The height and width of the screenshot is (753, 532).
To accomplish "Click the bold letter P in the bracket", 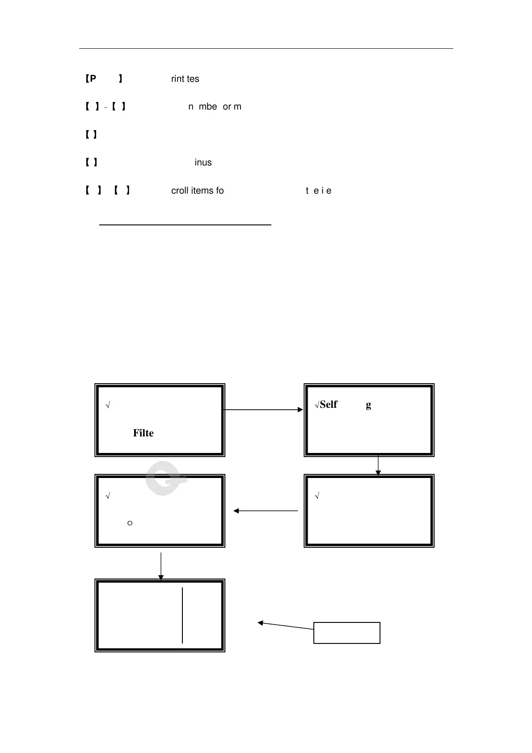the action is point(93,79).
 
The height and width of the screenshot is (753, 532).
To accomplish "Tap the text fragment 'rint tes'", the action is point(185,79).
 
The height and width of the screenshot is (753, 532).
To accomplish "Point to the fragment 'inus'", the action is point(203,163).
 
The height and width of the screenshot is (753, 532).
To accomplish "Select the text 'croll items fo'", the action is point(197,191).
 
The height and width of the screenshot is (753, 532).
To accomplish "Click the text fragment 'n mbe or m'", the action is point(215,107).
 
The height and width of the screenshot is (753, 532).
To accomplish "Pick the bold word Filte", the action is point(143,433).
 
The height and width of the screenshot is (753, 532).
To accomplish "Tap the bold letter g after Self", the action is point(368,406).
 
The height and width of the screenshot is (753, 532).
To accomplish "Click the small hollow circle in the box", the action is point(130,523).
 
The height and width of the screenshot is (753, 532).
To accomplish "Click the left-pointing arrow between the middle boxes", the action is point(266,511).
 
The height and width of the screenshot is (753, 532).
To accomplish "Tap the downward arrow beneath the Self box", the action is point(378,465).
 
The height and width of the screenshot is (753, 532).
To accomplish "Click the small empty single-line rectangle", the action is point(347,633).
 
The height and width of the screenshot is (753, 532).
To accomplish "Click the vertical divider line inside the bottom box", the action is point(182,616).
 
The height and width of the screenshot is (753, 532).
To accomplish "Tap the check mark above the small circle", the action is point(108,496).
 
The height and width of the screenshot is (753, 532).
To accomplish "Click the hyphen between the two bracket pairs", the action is point(106,107).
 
